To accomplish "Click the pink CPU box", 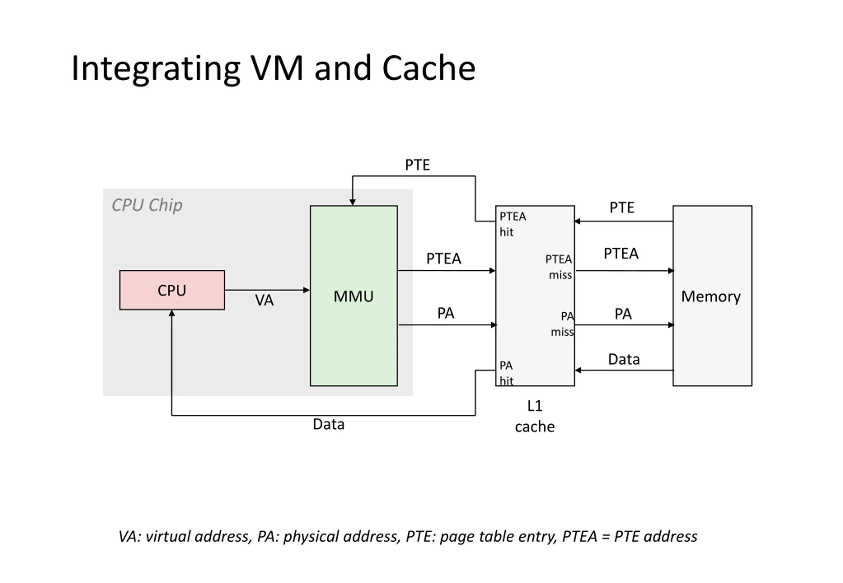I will [x=172, y=290].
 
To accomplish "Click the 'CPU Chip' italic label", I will [x=147, y=205].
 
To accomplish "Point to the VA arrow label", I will [x=264, y=300].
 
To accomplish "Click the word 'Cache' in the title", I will [x=428, y=68].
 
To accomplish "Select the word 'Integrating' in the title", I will [x=156, y=69].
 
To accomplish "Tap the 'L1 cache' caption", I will [x=534, y=416].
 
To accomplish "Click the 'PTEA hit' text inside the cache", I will [x=512, y=224].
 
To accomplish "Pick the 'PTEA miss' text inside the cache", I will [x=558, y=267].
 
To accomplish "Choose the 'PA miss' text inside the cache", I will [x=563, y=324].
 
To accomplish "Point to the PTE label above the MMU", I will [x=417, y=165].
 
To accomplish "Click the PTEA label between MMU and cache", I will [x=444, y=259].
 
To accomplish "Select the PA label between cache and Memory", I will [x=623, y=314].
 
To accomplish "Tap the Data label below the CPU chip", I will [x=328, y=424].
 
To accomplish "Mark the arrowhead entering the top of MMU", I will [x=352, y=202].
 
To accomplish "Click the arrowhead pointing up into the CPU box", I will [x=172, y=314].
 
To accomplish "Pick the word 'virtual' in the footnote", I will [x=168, y=536].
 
